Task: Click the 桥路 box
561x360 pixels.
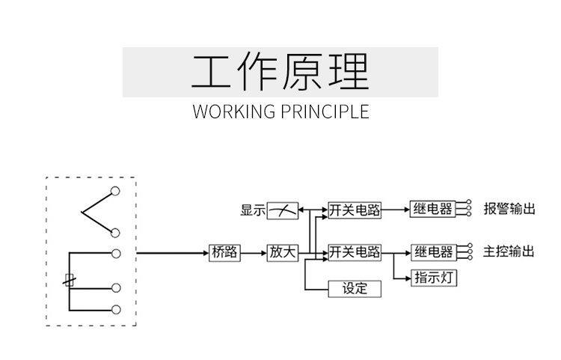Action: click(224, 253)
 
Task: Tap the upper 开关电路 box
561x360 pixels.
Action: click(355, 210)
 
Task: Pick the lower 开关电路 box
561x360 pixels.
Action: click(355, 252)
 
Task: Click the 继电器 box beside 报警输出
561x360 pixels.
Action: click(433, 210)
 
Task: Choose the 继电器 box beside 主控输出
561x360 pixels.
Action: click(433, 252)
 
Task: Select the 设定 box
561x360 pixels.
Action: click(355, 288)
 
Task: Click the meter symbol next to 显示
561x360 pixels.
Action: click(283, 210)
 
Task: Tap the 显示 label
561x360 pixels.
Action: click(252, 211)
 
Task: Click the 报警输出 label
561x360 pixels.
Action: click(509, 210)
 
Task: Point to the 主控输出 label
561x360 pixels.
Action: click(509, 252)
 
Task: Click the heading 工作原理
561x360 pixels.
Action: click(280, 73)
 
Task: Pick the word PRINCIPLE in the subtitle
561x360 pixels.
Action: click(325, 112)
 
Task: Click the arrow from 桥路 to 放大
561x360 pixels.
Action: click(254, 253)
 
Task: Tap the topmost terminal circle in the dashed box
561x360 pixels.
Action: click(115, 191)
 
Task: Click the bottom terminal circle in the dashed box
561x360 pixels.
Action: click(115, 309)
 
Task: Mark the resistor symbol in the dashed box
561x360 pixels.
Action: click(70, 281)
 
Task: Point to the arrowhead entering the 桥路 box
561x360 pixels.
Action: click(206, 253)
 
